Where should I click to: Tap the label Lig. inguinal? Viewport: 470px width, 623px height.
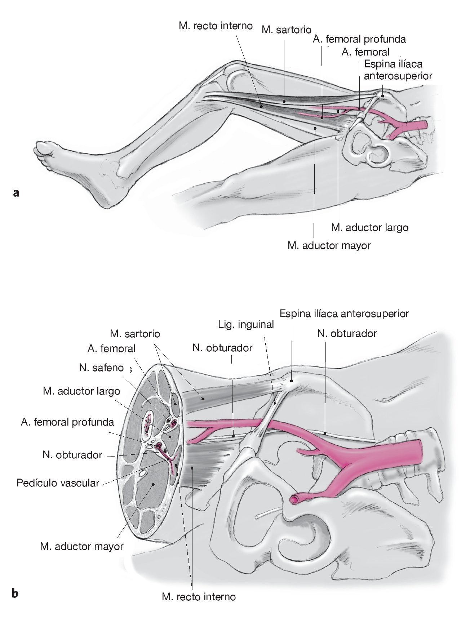pos(246,324)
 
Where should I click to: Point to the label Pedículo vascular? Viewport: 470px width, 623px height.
pos(58,482)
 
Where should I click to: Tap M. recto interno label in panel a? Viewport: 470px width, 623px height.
pos(215,26)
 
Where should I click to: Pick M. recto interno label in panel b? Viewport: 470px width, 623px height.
pos(199,597)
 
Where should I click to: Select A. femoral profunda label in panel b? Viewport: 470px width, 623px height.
pos(67,422)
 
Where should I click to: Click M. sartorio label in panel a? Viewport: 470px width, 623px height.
pos(286,30)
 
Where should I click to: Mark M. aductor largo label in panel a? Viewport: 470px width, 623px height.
pos(369,227)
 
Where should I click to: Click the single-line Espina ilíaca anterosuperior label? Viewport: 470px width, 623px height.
pos(344,313)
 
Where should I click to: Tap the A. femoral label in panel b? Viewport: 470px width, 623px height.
pos(111,348)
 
